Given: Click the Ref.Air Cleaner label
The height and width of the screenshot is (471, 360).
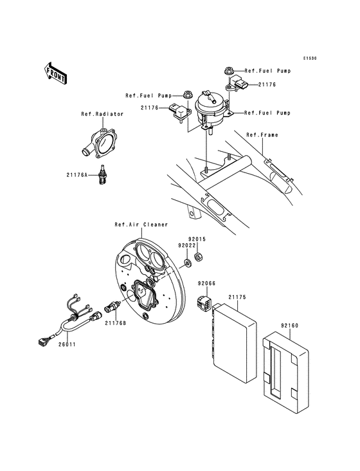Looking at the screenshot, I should pyautogui.click(x=141, y=225).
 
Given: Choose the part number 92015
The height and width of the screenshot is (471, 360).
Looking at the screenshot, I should pyautogui.click(x=197, y=239).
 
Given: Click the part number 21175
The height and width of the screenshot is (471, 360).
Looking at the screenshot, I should pyautogui.click(x=238, y=298).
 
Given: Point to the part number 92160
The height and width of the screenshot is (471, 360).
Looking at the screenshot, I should pyautogui.click(x=290, y=326).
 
